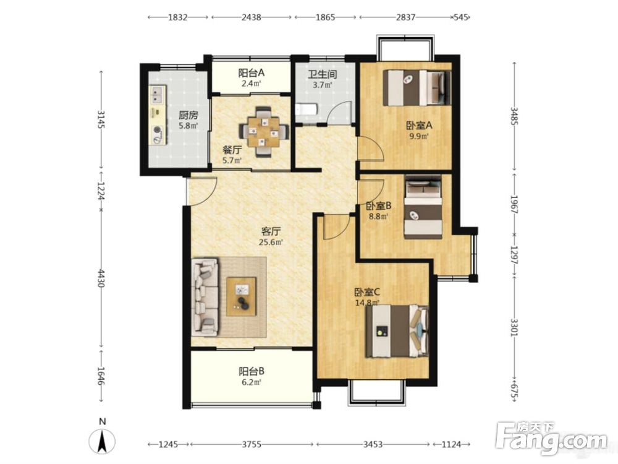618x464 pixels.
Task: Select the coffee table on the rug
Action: point(241,296)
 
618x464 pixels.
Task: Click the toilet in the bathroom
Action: point(304,110)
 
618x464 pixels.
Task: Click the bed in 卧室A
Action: point(417,88)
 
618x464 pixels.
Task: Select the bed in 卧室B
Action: point(423,207)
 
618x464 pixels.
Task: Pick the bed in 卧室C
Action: point(397,330)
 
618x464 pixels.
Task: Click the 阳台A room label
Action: point(251,73)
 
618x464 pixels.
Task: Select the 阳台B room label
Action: point(251,371)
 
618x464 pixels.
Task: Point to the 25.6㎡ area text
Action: point(271,242)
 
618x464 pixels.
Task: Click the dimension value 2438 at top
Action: point(251,17)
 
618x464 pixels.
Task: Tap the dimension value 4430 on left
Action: point(101,278)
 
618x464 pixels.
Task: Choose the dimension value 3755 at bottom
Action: point(251,444)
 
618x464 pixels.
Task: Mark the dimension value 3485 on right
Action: point(514,116)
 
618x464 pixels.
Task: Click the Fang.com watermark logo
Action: point(551,437)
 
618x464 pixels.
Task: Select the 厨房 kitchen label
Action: point(188,115)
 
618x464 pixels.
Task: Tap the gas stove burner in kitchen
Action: point(158,130)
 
